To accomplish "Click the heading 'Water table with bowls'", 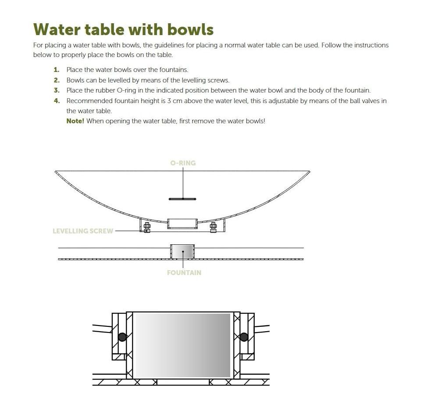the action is pyautogui.click(x=123, y=29).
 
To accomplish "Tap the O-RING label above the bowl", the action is pyautogui.click(x=183, y=163).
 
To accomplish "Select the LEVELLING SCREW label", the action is pyautogui.click(x=83, y=231).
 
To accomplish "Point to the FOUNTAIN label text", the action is pyautogui.click(x=184, y=272).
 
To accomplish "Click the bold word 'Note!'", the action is pyautogui.click(x=75, y=121).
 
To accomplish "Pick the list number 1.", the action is pyautogui.click(x=57, y=70).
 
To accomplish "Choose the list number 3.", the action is pyautogui.click(x=57, y=90).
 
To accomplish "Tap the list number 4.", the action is pyautogui.click(x=57, y=101).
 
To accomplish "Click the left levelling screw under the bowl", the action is pyautogui.click(x=147, y=227).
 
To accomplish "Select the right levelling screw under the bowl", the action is pyautogui.click(x=213, y=227).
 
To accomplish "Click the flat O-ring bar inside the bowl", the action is pyautogui.click(x=182, y=199).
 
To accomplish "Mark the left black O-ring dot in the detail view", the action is pyautogui.click(x=122, y=337).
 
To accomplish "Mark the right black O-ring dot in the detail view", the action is pyautogui.click(x=244, y=337).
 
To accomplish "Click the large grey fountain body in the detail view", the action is pyautogui.click(x=183, y=345).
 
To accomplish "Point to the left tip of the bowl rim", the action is pyautogui.click(x=55, y=172).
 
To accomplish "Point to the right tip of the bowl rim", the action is pyautogui.click(x=310, y=172).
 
